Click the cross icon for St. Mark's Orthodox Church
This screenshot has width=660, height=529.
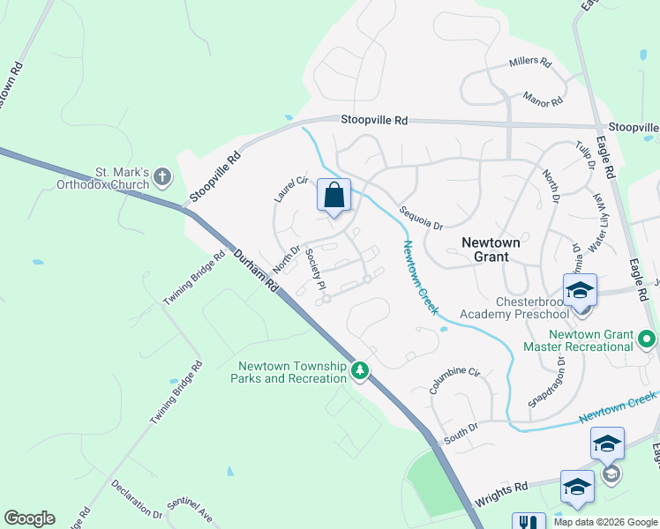point(161,177)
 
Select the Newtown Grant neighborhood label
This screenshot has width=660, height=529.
point(485,248)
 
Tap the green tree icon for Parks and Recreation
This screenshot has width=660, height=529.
point(359,371)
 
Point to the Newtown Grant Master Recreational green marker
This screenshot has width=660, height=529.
point(648,339)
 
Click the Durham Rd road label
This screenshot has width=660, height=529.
point(257,271)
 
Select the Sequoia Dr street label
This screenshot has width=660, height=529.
point(420,218)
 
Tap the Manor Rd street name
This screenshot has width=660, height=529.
point(542,97)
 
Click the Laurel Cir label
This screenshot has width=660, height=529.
point(289,189)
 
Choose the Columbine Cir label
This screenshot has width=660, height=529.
point(454,380)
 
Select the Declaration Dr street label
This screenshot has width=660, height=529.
point(137,499)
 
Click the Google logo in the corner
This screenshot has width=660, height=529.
point(29,518)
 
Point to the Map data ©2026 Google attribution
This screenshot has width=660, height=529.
point(604,522)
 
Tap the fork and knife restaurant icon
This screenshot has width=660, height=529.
point(529,523)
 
